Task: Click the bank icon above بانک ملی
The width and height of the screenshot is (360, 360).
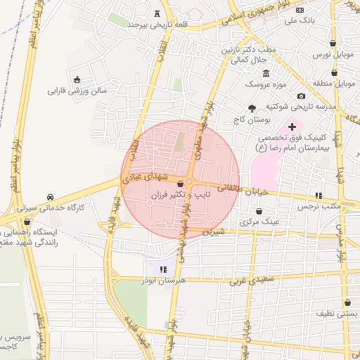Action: coord(300,10)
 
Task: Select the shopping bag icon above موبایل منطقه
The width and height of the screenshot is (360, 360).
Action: coord(333,72)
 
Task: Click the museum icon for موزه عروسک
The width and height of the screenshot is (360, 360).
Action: coord(266,74)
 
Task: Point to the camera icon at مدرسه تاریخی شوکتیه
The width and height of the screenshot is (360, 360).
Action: coord(301,96)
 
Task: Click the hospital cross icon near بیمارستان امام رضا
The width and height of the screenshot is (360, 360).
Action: coord(292,126)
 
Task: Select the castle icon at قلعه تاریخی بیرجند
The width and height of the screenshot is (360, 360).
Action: coord(156,13)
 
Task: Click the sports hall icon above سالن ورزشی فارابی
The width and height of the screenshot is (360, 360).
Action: coord(77,79)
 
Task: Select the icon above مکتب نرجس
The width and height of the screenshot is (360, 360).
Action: coord(319,195)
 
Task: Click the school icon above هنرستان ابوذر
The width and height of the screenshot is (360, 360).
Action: coord(163,269)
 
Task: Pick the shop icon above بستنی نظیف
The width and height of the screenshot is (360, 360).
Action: coord(347,302)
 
